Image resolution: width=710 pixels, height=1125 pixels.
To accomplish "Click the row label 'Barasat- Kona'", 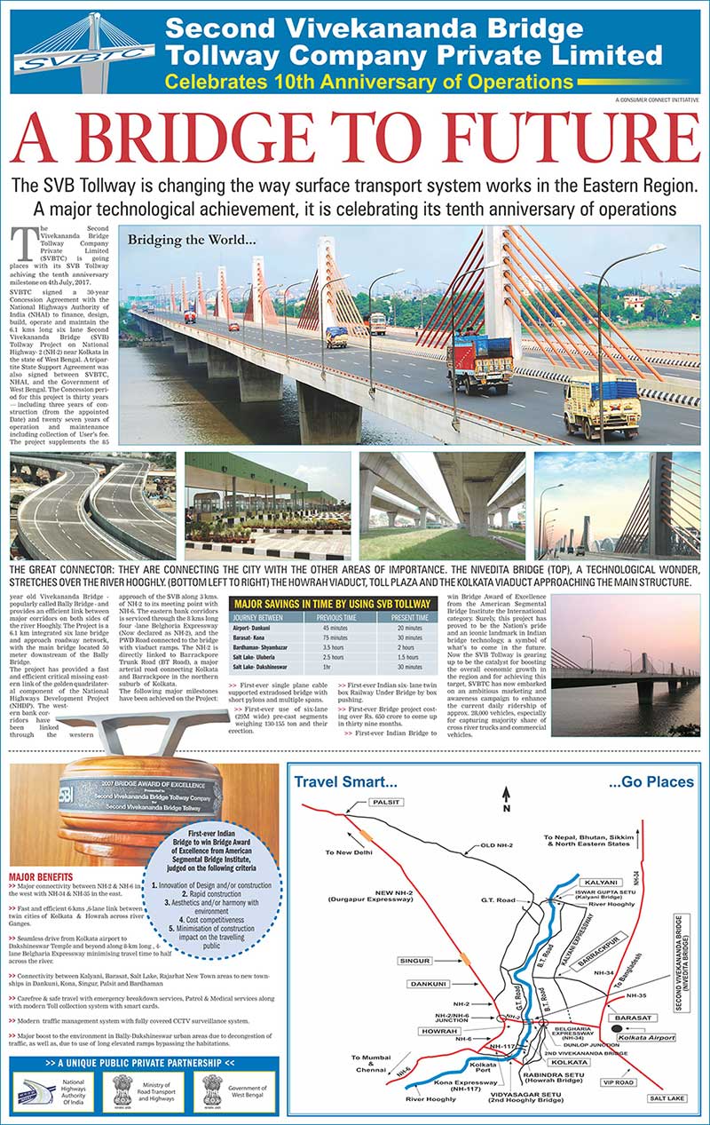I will (x=256, y=638).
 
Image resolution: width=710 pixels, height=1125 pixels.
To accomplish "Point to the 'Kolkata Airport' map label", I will (x=646, y=1036).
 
